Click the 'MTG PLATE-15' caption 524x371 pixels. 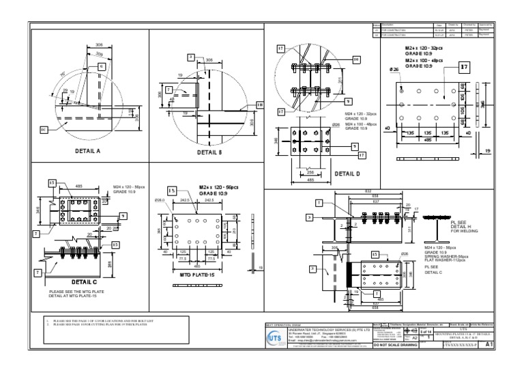click(x=198, y=274)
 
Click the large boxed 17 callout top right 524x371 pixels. click(x=463, y=68)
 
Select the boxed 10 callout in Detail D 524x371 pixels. click(x=356, y=59)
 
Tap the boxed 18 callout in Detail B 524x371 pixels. click(x=259, y=104)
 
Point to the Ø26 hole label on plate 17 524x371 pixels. click(x=394, y=70)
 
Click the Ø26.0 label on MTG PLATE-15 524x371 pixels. click(x=160, y=200)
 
